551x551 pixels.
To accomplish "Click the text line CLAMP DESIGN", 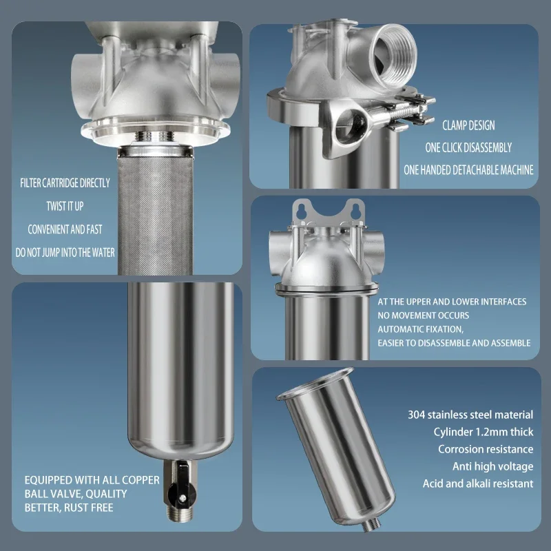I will [x=469, y=126].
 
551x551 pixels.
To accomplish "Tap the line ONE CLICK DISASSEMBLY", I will [x=469, y=147].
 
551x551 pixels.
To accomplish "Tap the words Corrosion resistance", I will [x=486, y=449].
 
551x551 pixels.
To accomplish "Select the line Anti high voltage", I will [x=492, y=466].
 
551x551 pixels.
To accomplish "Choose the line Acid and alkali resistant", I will [x=477, y=484].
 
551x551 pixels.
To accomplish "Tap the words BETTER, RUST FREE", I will [x=69, y=508].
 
